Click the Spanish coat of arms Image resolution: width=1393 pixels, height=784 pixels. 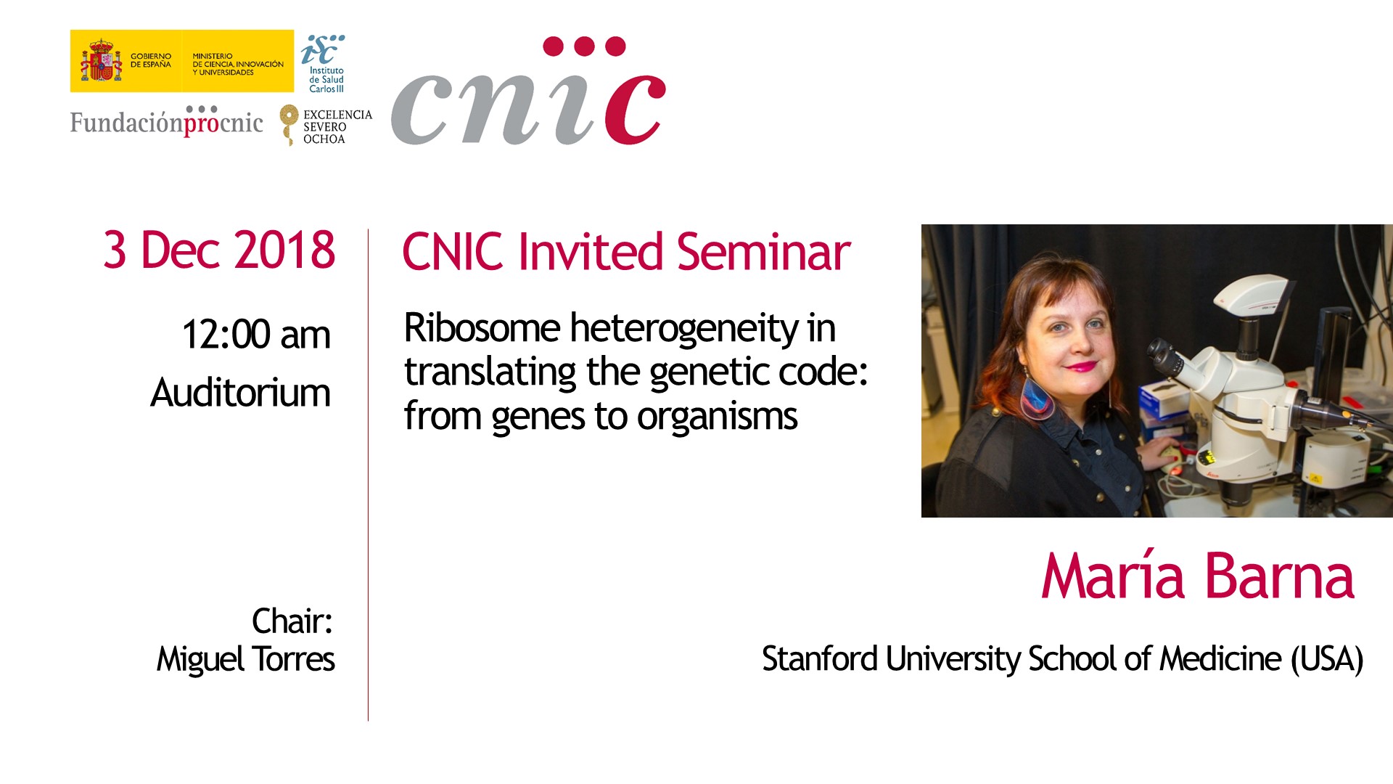[101, 61]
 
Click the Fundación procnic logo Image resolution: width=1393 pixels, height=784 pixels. [166, 121]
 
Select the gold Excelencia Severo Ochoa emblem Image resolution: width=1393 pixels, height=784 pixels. [289, 124]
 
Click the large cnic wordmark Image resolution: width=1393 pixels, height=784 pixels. [528, 91]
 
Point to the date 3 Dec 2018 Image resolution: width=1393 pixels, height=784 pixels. [219, 250]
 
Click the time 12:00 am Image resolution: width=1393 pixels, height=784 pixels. [256, 335]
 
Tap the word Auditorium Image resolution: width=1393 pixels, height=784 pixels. [240, 393]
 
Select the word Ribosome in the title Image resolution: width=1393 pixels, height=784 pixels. [482, 327]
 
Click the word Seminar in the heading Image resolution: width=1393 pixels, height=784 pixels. [763, 252]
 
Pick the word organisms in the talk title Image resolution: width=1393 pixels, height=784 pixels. [717, 417]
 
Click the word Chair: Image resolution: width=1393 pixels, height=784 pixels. [292, 621]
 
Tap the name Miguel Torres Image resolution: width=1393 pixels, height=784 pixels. [245, 659]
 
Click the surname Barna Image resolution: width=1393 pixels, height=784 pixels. [1281, 576]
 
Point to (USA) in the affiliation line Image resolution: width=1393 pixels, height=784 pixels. [1327, 659]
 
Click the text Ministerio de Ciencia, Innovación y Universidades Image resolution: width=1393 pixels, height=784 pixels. [238, 64]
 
